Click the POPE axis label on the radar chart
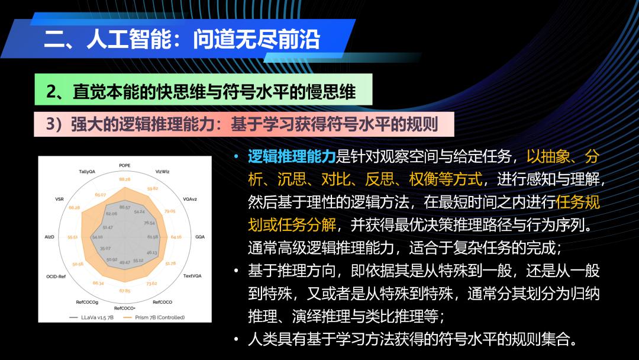pyautogui.click(x=125, y=166)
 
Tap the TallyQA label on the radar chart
pyautogui.click(x=87, y=172)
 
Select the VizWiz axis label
pyautogui.click(x=162, y=172)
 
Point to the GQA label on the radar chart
pyautogui.click(x=200, y=237)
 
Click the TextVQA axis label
pyautogui.click(x=192, y=276)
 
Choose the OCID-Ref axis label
pyautogui.click(x=56, y=277)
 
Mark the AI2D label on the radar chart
pyautogui.click(x=49, y=237)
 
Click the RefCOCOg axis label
pyautogui.click(x=87, y=302)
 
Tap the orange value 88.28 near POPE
pyautogui.click(x=125, y=179)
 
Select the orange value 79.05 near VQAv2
pyautogui.click(x=170, y=211)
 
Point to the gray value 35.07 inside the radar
pyautogui.click(x=105, y=248)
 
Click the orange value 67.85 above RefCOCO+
pyautogui.click(x=125, y=291)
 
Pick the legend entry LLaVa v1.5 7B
pyautogui.click(x=91, y=317)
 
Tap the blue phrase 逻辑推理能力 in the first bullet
pyautogui.click(x=292, y=156)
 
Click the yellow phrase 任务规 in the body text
pyautogui.click(x=578, y=202)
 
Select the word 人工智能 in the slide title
pyautogui.click(x=129, y=39)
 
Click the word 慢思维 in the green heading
pyautogui.click(x=331, y=92)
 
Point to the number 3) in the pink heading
pyautogui.click(x=54, y=124)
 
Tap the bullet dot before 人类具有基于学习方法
pyautogui.click(x=236, y=339)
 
